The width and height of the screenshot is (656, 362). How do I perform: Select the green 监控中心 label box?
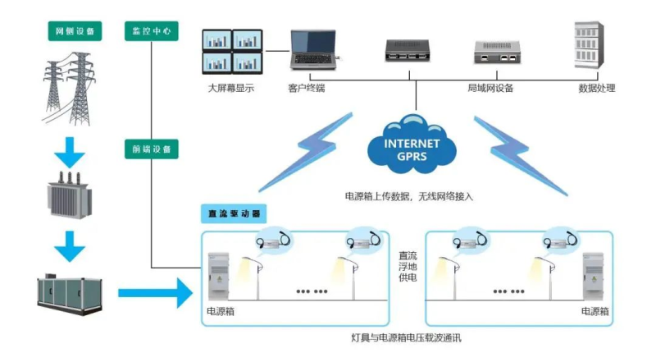click(x=151, y=31)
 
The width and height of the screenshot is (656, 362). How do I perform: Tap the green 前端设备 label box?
click(x=151, y=149)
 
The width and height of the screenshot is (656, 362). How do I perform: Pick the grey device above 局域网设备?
click(x=497, y=52)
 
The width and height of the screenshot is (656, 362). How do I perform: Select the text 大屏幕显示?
click(x=231, y=88)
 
